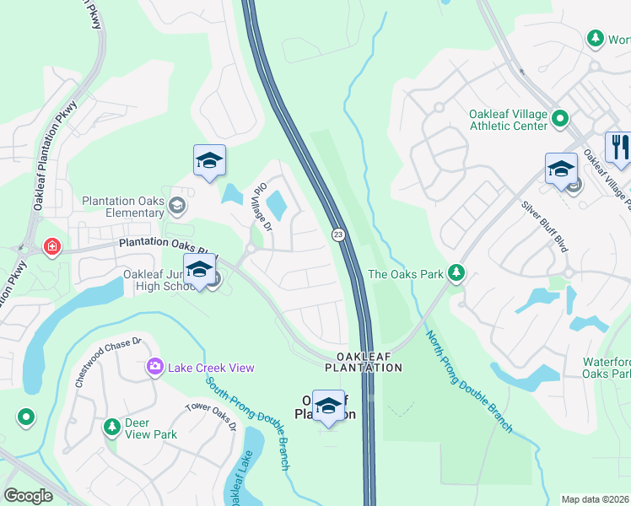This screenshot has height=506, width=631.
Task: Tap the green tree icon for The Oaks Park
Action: pyautogui.click(x=456, y=272)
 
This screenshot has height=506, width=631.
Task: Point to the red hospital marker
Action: pyautogui.click(x=51, y=247)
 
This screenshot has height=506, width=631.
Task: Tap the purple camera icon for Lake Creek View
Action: pyautogui.click(x=154, y=366)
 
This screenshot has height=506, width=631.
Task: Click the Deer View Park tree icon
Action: pyautogui.click(x=111, y=428)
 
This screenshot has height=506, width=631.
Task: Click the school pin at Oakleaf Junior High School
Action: pyautogui.click(x=199, y=271)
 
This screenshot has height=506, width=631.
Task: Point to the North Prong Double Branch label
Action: pyautogui.click(x=468, y=381)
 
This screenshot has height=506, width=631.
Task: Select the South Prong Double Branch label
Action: pyautogui.click(x=249, y=422)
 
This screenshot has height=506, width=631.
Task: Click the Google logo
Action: pyautogui.click(x=29, y=496)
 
